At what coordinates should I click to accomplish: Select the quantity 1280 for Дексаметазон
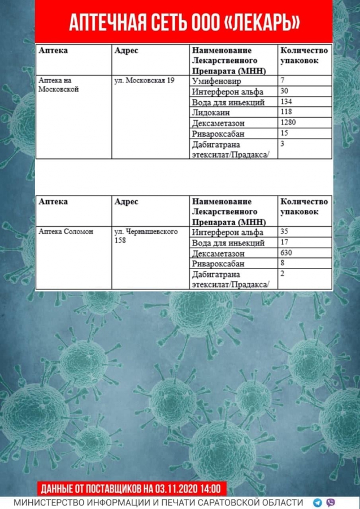(289, 122)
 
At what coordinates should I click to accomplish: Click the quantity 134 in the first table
(288, 102)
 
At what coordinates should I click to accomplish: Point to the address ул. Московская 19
(144, 81)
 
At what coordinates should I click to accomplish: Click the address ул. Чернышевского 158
(146, 236)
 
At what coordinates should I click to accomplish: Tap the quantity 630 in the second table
(288, 253)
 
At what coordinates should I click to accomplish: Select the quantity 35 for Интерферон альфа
(285, 232)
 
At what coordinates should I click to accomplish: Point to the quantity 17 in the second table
(285, 243)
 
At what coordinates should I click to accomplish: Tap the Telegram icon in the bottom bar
(318, 502)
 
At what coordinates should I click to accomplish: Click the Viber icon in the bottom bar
(331, 502)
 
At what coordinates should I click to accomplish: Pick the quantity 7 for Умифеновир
(283, 81)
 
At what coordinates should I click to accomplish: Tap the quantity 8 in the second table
(283, 263)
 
